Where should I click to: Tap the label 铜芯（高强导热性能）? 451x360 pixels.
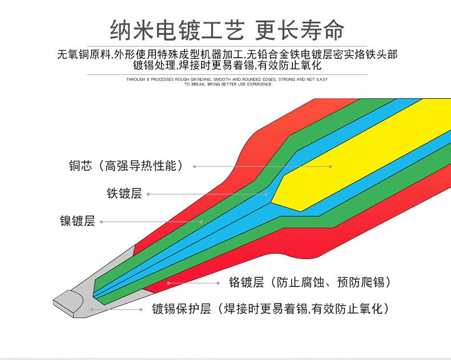tap(127, 166)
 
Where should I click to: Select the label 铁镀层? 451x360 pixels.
tap(124, 193)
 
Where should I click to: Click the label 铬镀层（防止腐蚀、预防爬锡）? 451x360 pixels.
tap(309, 282)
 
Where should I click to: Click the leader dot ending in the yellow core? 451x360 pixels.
tap(331, 167)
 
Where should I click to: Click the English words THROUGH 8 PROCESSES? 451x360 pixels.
tap(149, 79)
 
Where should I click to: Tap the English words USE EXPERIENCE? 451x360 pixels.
tap(257, 84)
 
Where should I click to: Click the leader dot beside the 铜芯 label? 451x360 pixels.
tap(195, 167)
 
